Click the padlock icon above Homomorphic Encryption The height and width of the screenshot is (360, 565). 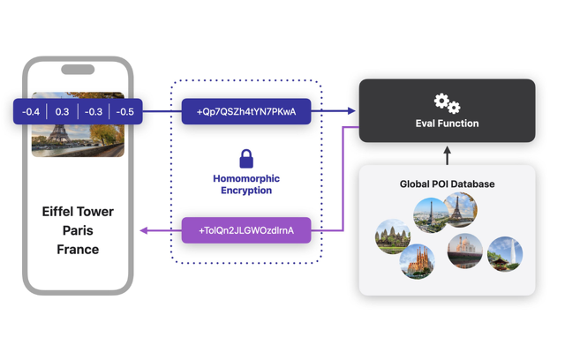tap(246, 159)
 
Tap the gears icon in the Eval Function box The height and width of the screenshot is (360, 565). tap(447, 103)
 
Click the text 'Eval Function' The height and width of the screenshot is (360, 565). tap(447, 124)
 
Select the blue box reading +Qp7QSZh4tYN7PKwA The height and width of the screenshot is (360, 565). tap(246, 112)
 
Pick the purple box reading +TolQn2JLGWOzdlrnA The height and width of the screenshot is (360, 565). tap(246, 230)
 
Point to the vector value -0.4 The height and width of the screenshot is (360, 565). tap(31, 112)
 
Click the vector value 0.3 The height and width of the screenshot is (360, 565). tap(62, 112)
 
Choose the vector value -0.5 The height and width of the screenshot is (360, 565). tap(125, 112)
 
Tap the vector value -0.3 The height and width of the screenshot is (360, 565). tap(94, 112)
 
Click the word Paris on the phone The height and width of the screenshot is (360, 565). tap(78, 230)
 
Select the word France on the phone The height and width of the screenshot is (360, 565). tap(78, 250)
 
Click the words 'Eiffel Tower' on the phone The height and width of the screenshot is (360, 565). tap(78, 212)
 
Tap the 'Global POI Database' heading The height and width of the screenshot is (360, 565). tap(447, 184)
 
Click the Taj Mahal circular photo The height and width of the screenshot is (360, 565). tap(464, 250)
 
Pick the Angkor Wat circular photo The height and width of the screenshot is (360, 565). tap(393, 236)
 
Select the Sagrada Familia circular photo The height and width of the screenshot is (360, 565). tap(417, 262)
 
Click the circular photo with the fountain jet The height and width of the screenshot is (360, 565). tap(505, 253)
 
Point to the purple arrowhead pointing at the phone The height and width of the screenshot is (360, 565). tap(144, 230)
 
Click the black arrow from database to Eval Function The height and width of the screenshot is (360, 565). tap(447, 155)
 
